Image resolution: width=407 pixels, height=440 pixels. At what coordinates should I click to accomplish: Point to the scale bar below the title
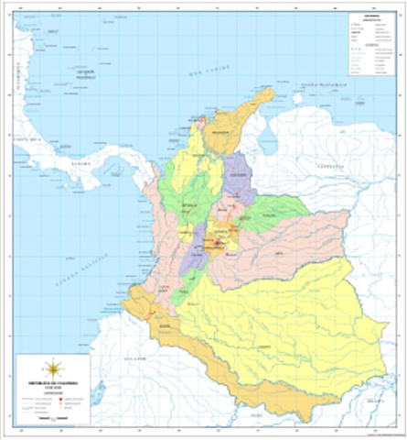click(52, 418)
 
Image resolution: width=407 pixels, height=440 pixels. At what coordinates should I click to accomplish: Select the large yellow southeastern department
click(284, 321)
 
